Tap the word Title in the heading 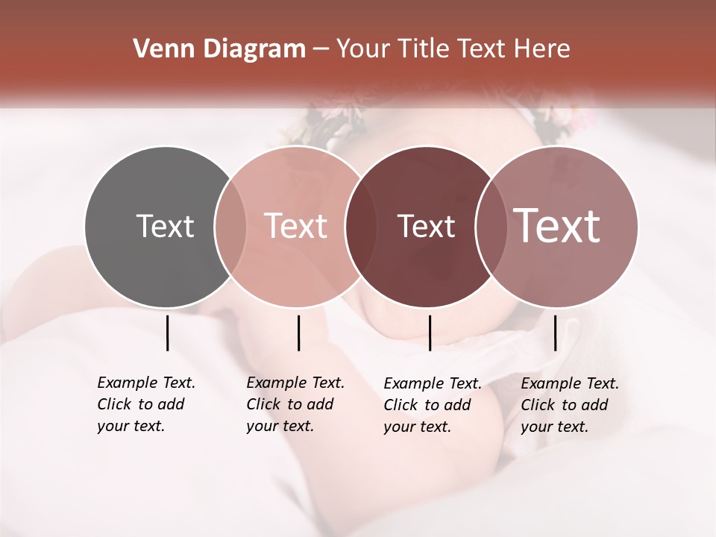[424, 49]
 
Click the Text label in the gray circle [165, 226]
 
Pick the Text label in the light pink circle [295, 226]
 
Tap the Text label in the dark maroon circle [426, 226]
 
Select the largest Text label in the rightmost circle [557, 226]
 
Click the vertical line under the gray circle [167, 333]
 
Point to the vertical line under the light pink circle [298, 333]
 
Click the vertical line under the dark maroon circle [430, 333]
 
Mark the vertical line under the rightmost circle [555, 333]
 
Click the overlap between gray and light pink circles [230, 227]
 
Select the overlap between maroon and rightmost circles [490, 227]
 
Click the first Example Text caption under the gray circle [146, 383]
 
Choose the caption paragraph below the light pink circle [295, 404]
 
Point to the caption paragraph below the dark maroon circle [432, 405]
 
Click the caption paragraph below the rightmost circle [569, 405]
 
